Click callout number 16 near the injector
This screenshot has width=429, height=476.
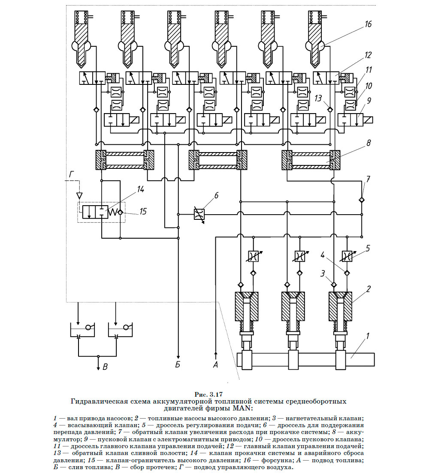[368, 24]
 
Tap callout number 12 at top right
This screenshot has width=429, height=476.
[368, 55]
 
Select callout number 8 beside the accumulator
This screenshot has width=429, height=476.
[369, 143]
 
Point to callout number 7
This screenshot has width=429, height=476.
[368, 179]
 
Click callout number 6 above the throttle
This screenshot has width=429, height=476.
[217, 195]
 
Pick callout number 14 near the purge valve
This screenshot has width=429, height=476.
[140, 189]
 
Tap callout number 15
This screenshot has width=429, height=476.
[143, 211]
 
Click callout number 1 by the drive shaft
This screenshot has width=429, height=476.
[368, 336]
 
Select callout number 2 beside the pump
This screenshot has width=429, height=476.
[368, 289]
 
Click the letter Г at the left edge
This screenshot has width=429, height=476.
[72, 174]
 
